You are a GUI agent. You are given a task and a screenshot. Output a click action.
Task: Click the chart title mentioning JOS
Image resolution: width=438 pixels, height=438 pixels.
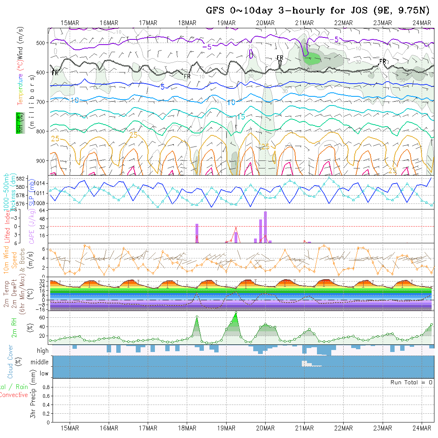[x=318, y=10]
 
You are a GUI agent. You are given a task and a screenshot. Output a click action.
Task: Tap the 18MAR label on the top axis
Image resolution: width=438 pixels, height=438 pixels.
[x=187, y=23]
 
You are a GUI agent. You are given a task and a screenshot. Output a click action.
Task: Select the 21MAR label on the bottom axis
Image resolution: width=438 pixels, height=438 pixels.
[x=305, y=428]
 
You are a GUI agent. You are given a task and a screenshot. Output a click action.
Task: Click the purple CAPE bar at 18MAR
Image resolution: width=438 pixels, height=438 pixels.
[x=197, y=233]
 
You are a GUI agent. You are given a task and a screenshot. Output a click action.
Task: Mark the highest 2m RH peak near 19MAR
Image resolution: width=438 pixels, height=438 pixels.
[x=236, y=312]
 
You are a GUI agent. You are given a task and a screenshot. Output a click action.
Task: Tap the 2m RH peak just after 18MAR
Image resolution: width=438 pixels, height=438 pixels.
[x=197, y=317]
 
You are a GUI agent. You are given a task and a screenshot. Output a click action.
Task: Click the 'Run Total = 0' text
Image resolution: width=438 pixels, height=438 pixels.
[x=411, y=382]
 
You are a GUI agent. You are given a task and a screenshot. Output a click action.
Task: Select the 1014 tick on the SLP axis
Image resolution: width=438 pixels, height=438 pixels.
[x=41, y=183]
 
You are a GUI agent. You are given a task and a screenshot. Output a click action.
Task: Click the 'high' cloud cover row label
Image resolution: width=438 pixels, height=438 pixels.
[x=43, y=351]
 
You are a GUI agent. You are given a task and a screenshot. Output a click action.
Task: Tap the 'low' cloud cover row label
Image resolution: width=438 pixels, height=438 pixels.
[x=43, y=373]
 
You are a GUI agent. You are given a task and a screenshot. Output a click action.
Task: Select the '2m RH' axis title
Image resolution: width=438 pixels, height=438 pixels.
[x=14, y=327]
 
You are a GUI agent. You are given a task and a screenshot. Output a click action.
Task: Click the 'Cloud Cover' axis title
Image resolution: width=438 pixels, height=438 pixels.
[x=10, y=362]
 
